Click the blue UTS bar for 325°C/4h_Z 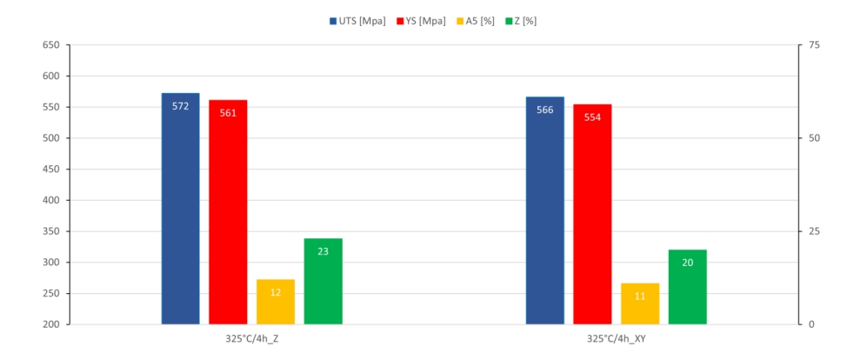(180, 209)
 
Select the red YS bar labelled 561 (228, 212)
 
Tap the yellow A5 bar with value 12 (276, 302)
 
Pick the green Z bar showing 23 (323, 281)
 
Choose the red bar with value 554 (592, 214)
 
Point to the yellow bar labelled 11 (640, 303)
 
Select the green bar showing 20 (687, 287)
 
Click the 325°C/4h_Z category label (251, 338)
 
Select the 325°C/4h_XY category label (616, 338)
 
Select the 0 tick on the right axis (811, 324)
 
